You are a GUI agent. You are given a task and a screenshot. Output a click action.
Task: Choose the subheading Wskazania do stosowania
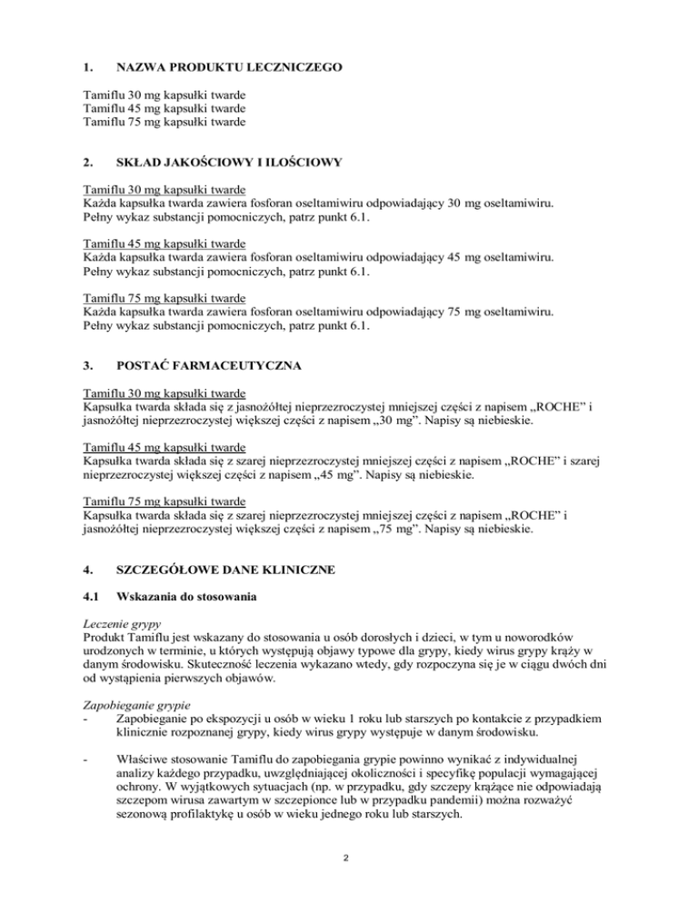click(187, 600)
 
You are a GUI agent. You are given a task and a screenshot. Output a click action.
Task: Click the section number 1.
click(88, 67)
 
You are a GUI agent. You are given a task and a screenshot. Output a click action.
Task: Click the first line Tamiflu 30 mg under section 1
click(165, 94)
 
